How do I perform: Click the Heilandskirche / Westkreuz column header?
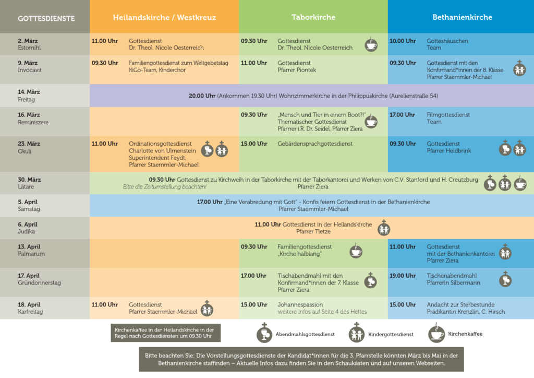[x=164, y=17]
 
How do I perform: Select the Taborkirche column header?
[x=313, y=17]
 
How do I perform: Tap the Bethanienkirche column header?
[x=462, y=17]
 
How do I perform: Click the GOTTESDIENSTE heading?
[x=46, y=18]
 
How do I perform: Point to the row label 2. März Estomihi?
[x=29, y=44]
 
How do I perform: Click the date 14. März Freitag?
[x=29, y=96]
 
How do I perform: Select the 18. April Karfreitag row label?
[x=30, y=308]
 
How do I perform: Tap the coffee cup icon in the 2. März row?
[x=371, y=44]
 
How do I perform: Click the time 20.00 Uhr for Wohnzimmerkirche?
[x=202, y=96]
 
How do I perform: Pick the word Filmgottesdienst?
[x=448, y=115]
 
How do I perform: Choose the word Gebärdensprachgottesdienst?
[x=315, y=144]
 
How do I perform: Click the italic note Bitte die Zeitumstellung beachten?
[x=165, y=187]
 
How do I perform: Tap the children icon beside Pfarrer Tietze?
[x=384, y=228]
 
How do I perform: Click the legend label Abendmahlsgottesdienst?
[x=305, y=334]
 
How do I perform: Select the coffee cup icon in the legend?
[x=436, y=333]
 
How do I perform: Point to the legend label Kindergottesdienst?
[x=391, y=334]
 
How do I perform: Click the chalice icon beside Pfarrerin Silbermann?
[x=505, y=279]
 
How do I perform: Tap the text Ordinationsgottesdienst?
[x=160, y=144]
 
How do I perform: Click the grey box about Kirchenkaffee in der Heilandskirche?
[x=165, y=333]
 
